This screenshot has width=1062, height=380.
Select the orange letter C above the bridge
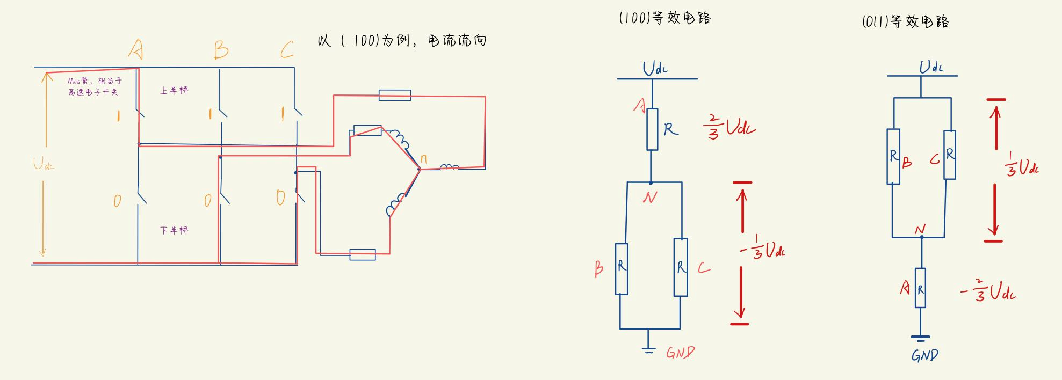point(287,50)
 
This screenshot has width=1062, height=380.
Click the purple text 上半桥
point(174,91)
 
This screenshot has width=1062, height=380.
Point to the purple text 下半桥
point(174,230)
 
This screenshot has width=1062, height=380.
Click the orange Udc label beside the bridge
point(44,164)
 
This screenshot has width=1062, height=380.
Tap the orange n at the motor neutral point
point(423,159)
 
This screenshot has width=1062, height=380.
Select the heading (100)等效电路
point(665,18)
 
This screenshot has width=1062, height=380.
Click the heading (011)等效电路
point(906,21)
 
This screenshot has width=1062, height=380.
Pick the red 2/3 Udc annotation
point(729,128)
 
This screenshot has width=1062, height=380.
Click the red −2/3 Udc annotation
point(987,291)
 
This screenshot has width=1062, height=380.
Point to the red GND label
point(680,352)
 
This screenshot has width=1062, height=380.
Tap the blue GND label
point(924,355)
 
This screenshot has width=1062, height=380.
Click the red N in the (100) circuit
point(649,198)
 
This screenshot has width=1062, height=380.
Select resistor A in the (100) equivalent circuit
point(652,129)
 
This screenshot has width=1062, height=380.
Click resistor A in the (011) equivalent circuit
point(920,288)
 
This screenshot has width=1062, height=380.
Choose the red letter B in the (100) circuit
point(599,268)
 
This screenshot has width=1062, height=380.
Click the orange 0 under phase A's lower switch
point(117,201)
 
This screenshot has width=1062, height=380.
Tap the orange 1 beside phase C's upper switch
point(283,114)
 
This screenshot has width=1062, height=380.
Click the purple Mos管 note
point(95,86)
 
